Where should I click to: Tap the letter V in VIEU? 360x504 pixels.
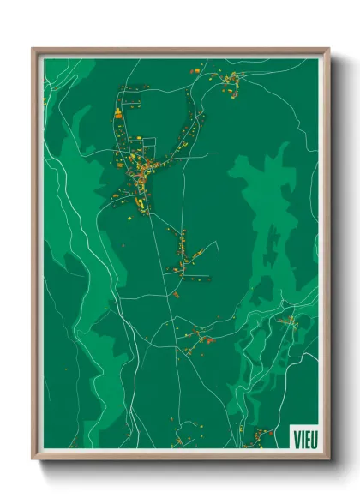tap(295, 436)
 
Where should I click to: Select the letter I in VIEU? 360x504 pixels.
tap(300, 436)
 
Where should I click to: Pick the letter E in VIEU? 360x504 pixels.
tap(305, 436)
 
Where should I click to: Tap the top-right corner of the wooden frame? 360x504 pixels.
tap(328, 49)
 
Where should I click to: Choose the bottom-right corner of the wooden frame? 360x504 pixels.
tap(328, 459)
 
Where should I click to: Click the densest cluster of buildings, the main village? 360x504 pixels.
tap(137, 167)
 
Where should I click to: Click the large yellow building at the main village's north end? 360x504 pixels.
tap(119, 113)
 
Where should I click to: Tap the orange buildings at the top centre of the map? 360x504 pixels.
tap(194, 69)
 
